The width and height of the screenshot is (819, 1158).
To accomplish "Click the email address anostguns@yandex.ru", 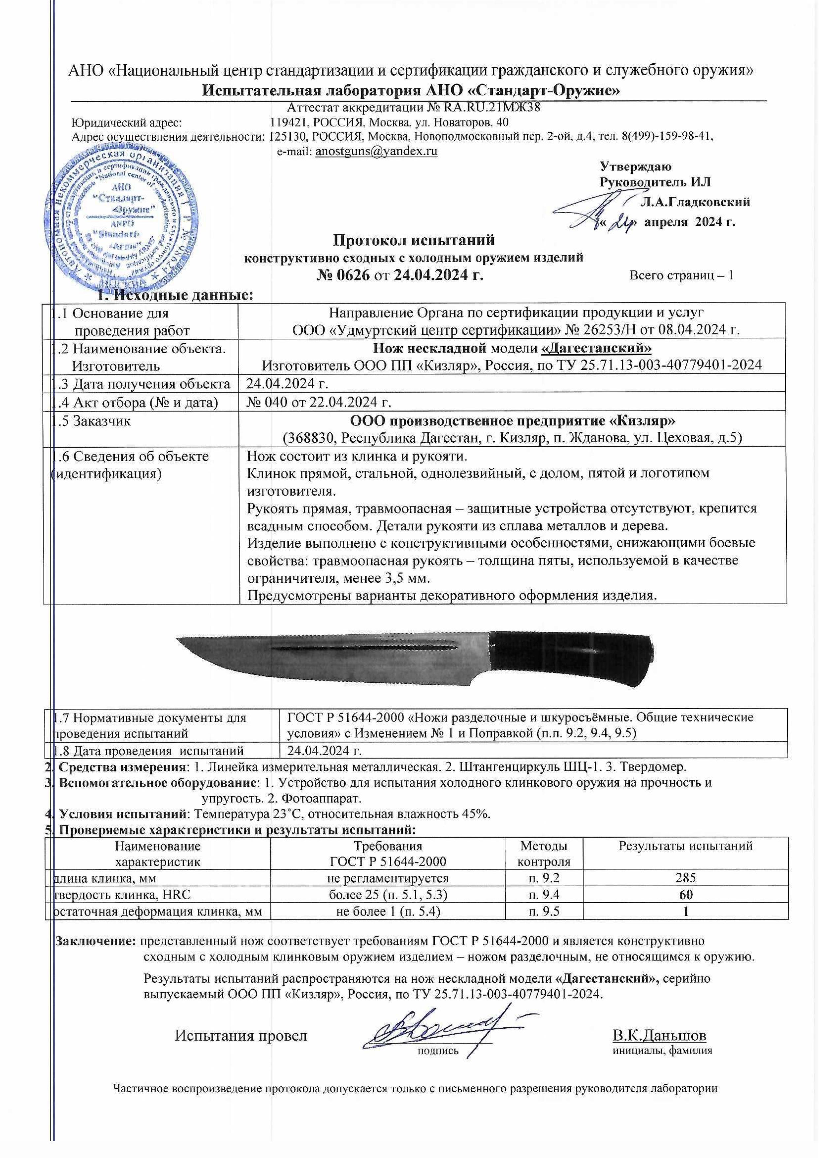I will (376, 152).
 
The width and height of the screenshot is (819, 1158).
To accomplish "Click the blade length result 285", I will (685, 878).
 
